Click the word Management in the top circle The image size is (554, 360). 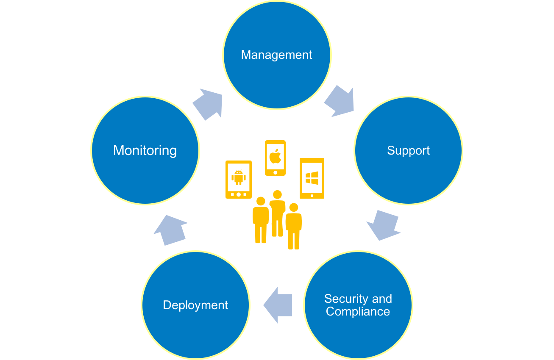click(x=276, y=55)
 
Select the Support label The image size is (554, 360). click(x=408, y=150)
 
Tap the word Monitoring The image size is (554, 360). click(x=145, y=150)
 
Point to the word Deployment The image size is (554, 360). click(x=195, y=305)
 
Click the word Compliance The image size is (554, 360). click(x=358, y=312)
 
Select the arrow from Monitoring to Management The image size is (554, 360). click(x=208, y=104)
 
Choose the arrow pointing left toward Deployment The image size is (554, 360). click(x=278, y=305)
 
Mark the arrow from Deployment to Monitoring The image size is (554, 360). click(x=170, y=230)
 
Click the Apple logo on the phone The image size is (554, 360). click(x=275, y=156)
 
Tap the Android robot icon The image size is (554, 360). click(x=239, y=177)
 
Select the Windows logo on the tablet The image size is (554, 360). click(x=312, y=178)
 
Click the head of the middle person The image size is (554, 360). click(x=277, y=195)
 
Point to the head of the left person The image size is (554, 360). click(x=261, y=201)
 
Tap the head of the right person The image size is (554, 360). click(x=293, y=208)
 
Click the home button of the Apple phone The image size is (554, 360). click(x=275, y=172)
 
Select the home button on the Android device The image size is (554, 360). click(x=239, y=194)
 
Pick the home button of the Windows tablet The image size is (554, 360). click(x=312, y=196)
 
